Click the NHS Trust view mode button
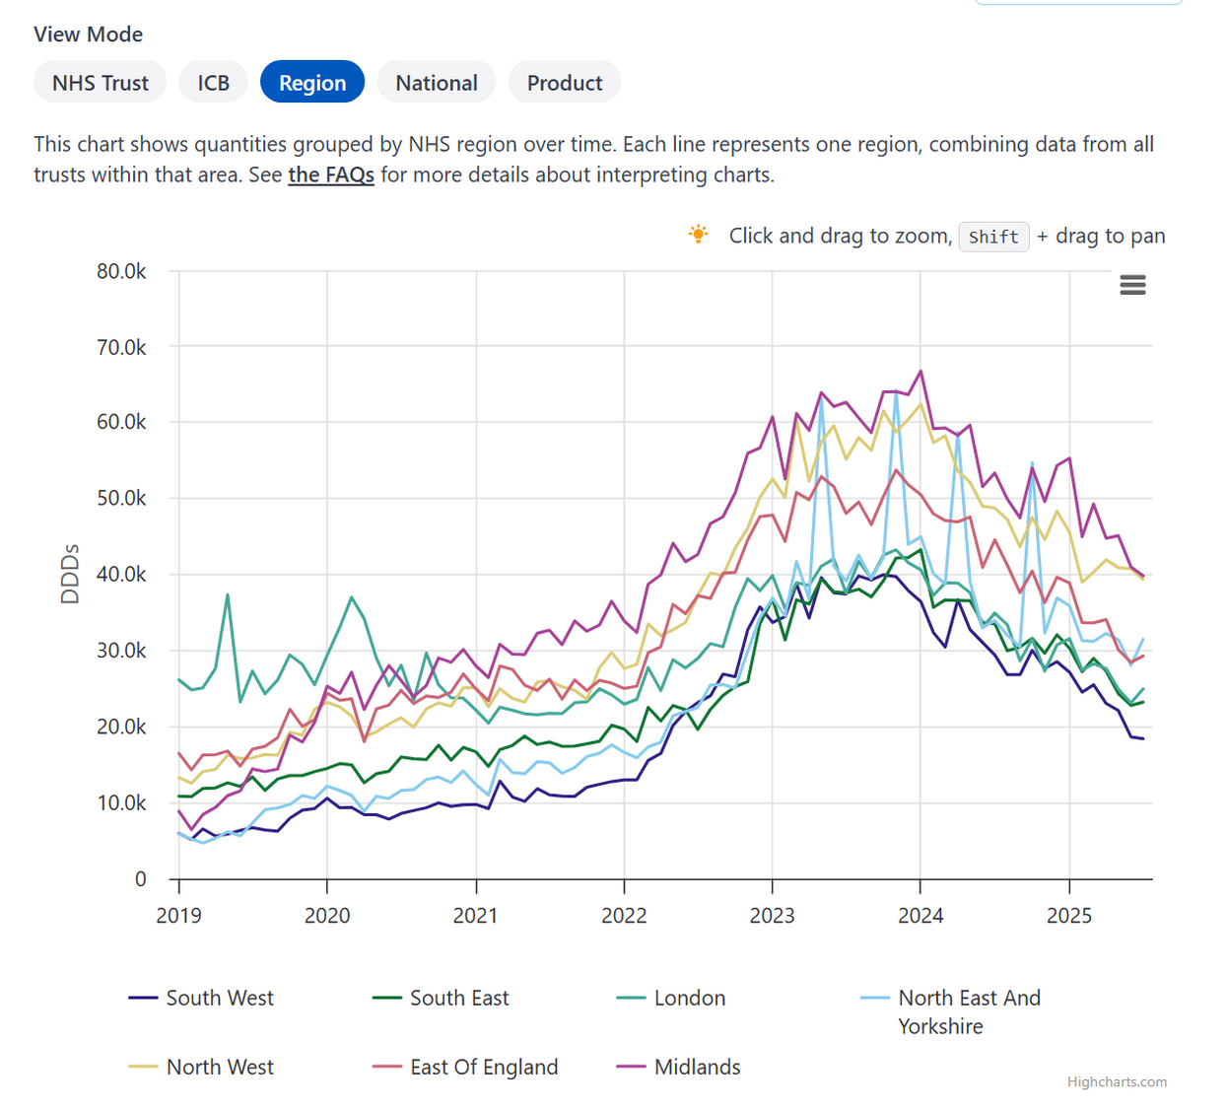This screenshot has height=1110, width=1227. (101, 83)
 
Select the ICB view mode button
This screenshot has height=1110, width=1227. (213, 83)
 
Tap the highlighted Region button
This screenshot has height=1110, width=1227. (312, 83)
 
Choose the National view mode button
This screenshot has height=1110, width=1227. (437, 83)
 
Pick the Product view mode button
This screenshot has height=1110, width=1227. (565, 83)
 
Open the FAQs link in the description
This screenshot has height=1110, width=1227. (331, 175)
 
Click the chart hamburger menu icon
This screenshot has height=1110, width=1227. (1132, 286)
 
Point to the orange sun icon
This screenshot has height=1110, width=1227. (698, 235)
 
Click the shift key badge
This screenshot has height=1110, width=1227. (993, 237)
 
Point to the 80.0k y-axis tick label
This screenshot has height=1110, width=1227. (121, 271)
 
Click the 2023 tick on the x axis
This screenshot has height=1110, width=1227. (772, 915)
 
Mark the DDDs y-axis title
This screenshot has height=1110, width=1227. (70, 574)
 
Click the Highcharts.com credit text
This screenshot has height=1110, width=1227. (1117, 1081)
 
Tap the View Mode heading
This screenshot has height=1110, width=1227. (89, 35)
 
